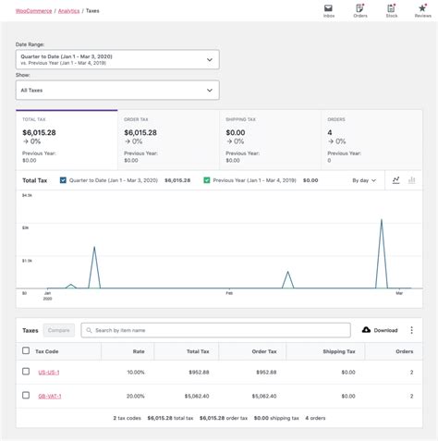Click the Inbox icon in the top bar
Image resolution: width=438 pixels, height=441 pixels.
pos(328,8)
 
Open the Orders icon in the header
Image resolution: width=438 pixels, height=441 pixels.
pos(359,8)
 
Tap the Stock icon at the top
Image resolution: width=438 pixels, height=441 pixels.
pos(391,8)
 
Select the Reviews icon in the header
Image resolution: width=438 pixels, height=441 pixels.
pos(422,8)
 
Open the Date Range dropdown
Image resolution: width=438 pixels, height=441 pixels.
pos(118,60)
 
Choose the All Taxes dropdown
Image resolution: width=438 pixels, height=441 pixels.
pos(118,90)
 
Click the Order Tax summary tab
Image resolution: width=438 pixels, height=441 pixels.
pos(168,137)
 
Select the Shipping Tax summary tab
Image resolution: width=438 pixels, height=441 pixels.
pos(270,137)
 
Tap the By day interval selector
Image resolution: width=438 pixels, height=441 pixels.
pos(364,180)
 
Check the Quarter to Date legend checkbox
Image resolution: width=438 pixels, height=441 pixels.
pos(63,180)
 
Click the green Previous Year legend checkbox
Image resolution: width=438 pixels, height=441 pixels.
pos(206,180)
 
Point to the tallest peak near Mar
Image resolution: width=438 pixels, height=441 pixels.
pos(382,221)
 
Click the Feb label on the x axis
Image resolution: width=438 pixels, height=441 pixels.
pos(229,292)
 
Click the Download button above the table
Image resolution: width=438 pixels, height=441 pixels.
pos(380,330)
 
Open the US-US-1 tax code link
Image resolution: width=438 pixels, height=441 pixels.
pos(48,372)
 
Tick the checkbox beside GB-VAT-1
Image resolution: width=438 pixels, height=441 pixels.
pos(26,396)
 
